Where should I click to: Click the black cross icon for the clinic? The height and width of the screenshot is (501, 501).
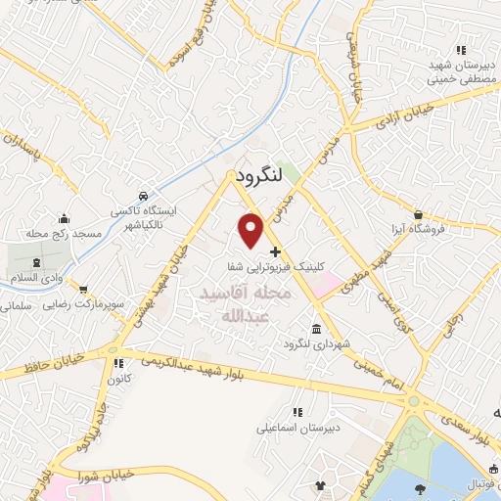click(275, 251)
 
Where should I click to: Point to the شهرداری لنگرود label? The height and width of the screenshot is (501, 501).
click(316, 344)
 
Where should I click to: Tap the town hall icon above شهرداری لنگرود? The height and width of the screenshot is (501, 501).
click(315, 329)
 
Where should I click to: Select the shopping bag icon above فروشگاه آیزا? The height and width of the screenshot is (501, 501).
click(418, 214)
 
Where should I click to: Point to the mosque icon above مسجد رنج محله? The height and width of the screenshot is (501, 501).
click(65, 218)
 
